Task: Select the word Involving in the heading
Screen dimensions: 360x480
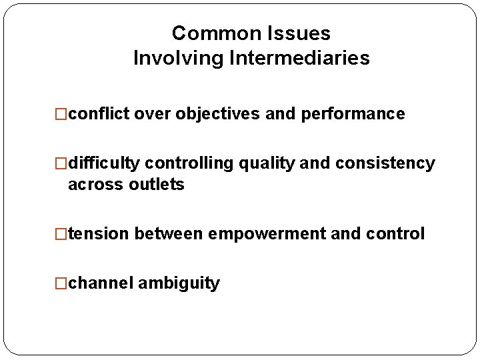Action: tap(178, 58)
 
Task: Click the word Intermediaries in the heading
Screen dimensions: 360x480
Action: tap(299, 58)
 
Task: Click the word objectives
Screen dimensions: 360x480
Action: tap(217, 114)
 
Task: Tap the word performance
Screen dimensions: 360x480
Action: tap(353, 114)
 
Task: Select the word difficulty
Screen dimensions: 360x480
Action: tap(104, 163)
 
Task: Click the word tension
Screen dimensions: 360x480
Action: tap(99, 234)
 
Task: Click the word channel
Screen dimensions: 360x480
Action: tap(101, 283)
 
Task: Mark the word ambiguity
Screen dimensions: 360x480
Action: tap(178, 283)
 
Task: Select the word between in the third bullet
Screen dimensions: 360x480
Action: tap(169, 234)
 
